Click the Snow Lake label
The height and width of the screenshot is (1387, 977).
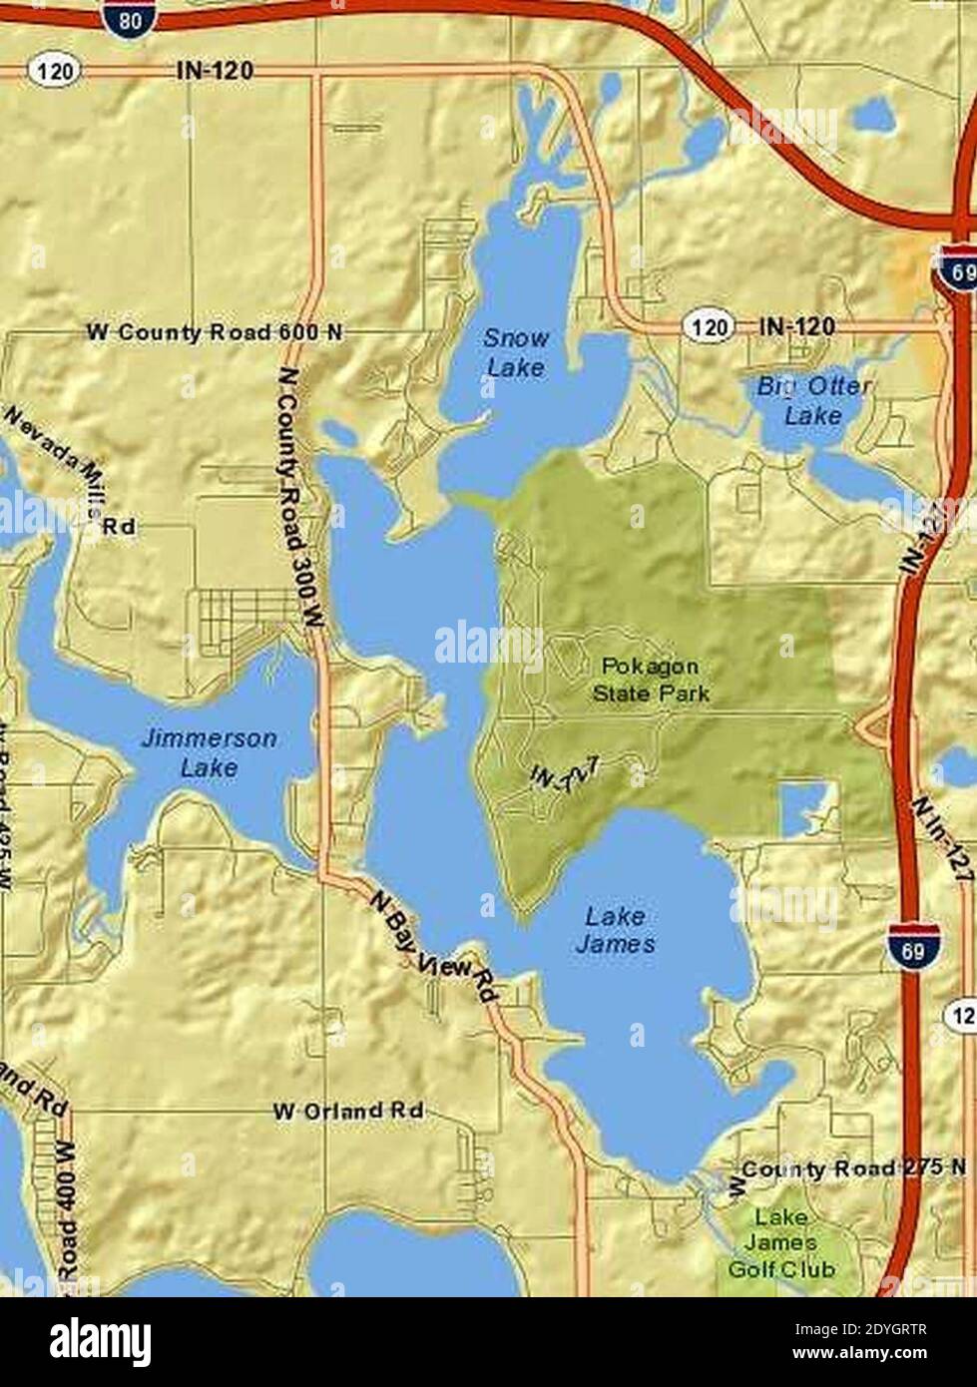(516, 353)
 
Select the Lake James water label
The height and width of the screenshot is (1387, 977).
(616, 929)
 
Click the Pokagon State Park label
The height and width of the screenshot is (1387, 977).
(651, 679)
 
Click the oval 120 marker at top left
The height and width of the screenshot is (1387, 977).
(47, 71)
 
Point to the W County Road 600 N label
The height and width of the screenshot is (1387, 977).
(215, 332)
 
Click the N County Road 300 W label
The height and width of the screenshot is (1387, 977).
(298, 497)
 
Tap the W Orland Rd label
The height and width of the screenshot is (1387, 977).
(348, 1111)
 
